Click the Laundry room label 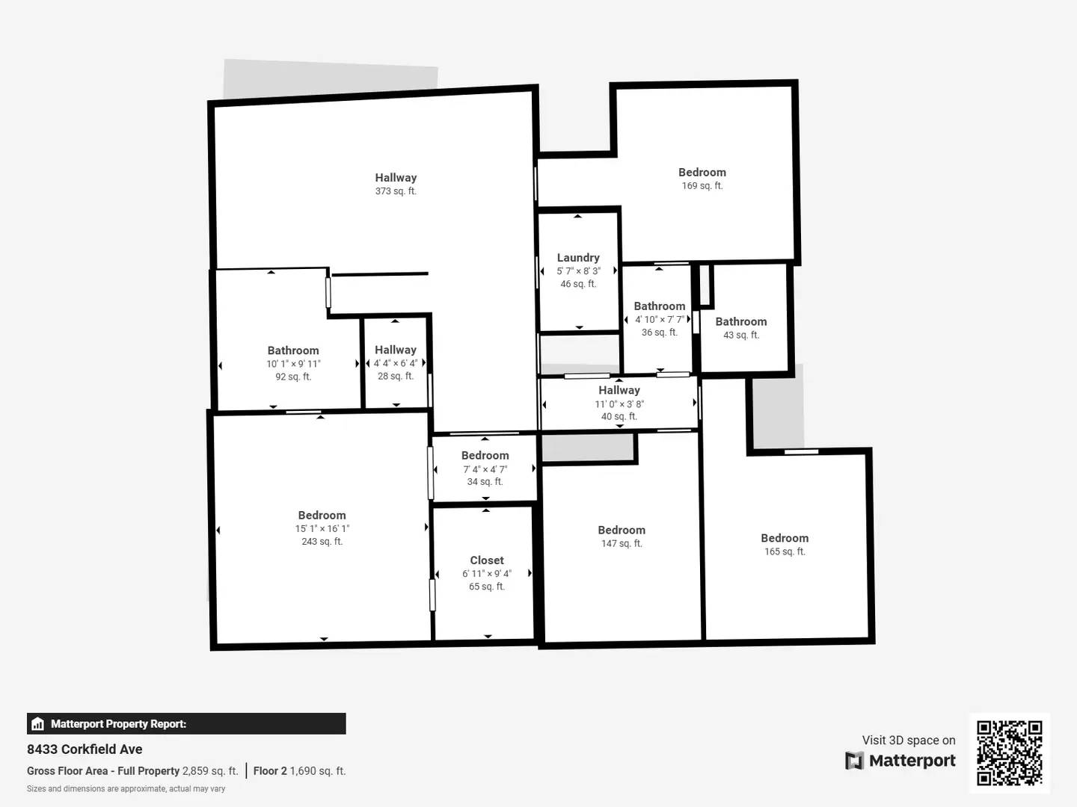pyautogui.click(x=578, y=258)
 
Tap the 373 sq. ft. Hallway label pyautogui.click(x=396, y=178)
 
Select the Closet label pyautogui.click(x=487, y=560)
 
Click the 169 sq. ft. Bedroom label pyautogui.click(x=702, y=173)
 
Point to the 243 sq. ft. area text pyautogui.click(x=322, y=542)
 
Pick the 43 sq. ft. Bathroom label pyautogui.click(x=740, y=322)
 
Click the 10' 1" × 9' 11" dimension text pyautogui.click(x=293, y=364)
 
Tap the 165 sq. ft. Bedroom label pyautogui.click(x=785, y=538)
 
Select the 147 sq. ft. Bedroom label pyautogui.click(x=622, y=531)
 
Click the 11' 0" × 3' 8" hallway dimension pyautogui.click(x=619, y=404)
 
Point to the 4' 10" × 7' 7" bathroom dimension pyautogui.click(x=659, y=320)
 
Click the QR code pyautogui.click(x=1009, y=752)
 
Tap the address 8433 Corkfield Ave pyautogui.click(x=85, y=749)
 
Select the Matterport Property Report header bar pyautogui.click(x=186, y=724)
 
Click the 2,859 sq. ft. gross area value pyautogui.click(x=210, y=771)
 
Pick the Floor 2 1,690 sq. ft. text pyautogui.click(x=299, y=771)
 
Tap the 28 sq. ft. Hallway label pyautogui.click(x=396, y=350)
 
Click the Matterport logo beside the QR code pyautogui.click(x=900, y=761)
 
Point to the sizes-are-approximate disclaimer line pyautogui.click(x=126, y=789)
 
